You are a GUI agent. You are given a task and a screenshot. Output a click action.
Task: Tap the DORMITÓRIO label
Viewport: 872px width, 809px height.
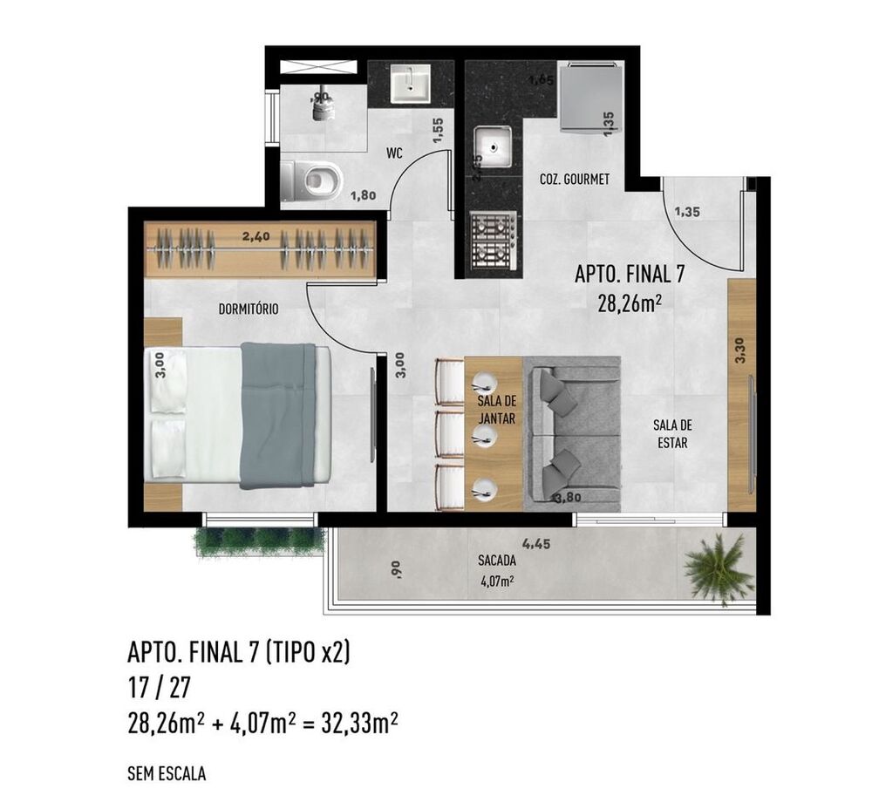[249, 308]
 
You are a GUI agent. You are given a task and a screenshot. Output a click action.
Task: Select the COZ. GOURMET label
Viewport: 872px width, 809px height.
[574, 180]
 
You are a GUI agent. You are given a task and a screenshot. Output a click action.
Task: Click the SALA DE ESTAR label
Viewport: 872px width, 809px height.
[671, 433]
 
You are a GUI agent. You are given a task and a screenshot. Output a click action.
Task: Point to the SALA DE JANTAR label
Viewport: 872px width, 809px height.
[496, 410]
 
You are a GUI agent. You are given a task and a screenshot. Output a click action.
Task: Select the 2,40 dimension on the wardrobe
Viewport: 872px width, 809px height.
[256, 235]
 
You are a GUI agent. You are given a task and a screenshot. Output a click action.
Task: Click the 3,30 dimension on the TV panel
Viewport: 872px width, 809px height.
[740, 350]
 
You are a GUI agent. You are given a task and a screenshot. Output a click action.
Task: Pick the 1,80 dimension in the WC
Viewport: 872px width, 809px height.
[362, 196]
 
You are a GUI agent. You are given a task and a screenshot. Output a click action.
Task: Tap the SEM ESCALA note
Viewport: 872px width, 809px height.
[167, 772]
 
